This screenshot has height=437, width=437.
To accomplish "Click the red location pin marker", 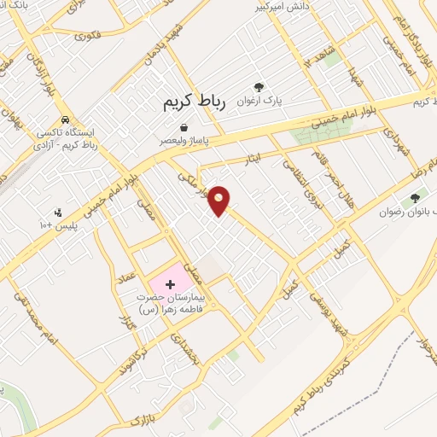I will (220, 200).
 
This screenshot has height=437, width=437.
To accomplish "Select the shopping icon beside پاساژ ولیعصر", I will (184, 128).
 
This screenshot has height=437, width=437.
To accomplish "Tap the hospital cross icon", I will (168, 281).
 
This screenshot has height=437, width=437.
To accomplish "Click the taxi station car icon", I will (66, 120).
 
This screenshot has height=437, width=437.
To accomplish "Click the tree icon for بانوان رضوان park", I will (415, 198).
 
